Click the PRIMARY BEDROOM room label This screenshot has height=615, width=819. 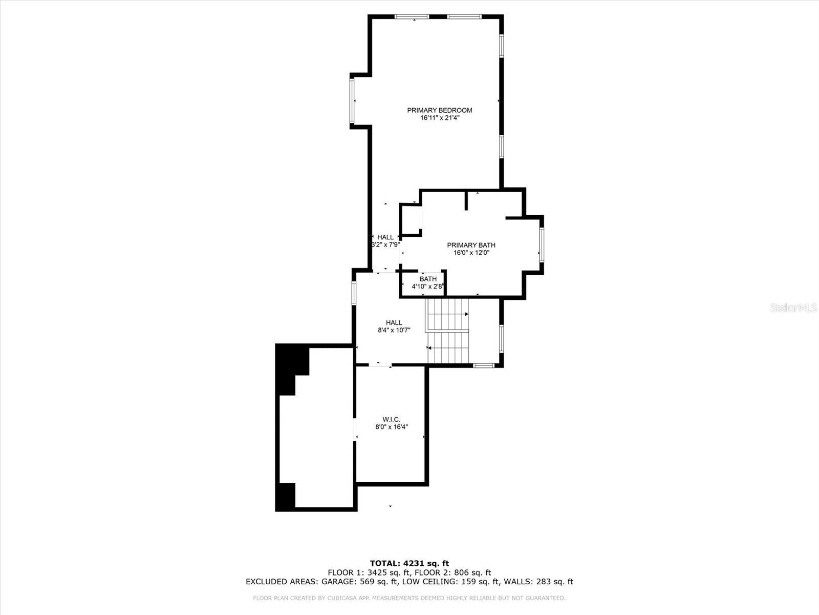(439, 110)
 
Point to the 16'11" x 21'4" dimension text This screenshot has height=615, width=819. (439, 118)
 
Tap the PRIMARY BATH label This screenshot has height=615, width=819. (471, 245)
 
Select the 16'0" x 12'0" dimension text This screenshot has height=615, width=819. (471, 253)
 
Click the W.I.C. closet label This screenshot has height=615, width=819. (392, 419)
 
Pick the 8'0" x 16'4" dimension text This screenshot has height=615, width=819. (392, 427)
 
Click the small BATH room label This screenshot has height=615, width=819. (428, 279)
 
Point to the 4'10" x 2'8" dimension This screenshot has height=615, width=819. (428, 286)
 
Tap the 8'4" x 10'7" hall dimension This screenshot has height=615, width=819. (394, 331)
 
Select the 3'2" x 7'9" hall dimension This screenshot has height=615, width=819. (385, 245)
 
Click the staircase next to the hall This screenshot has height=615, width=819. (448, 331)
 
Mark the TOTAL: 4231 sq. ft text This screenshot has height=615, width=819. (409, 563)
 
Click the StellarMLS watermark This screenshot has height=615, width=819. (793, 308)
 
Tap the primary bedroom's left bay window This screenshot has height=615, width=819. (352, 100)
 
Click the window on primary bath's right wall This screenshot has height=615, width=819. (541, 245)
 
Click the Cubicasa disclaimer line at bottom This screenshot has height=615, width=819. (409, 598)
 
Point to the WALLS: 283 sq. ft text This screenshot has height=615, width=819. (538, 582)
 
